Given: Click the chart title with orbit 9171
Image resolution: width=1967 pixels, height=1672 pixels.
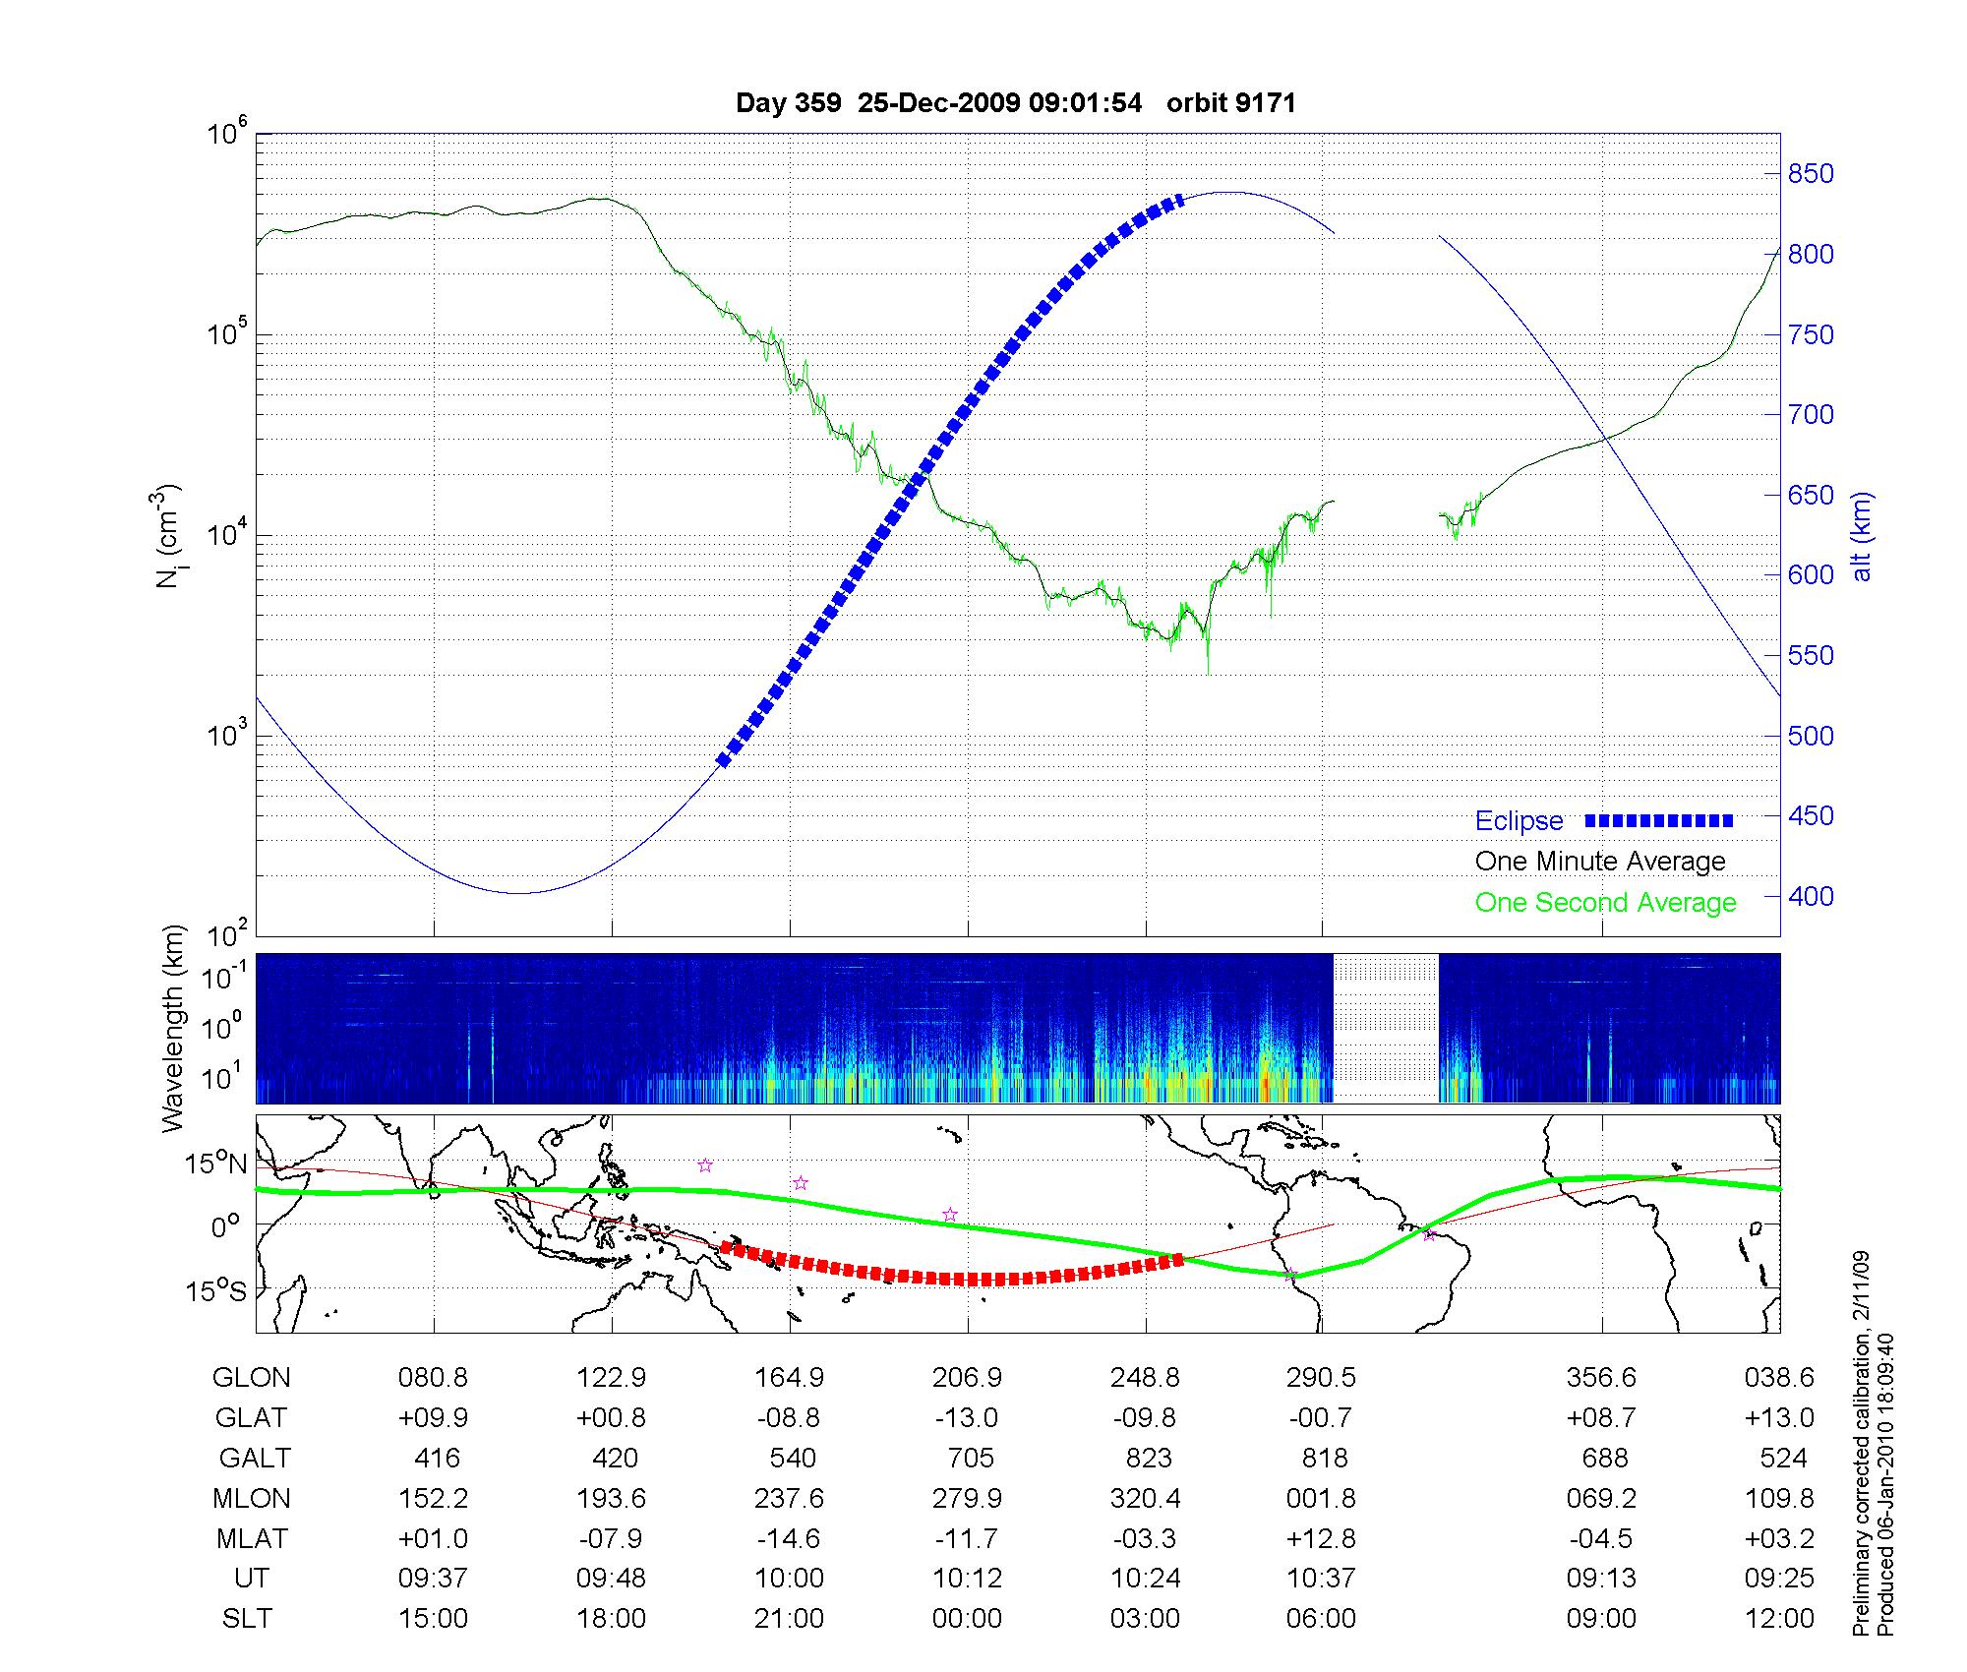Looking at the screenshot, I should [1015, 103].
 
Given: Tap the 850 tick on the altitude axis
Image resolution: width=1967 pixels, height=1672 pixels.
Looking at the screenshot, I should [1811, 174].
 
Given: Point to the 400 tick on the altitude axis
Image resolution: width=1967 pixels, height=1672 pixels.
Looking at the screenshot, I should [1811, 896].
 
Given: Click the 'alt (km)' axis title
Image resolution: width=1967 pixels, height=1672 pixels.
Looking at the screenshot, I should [1862, 536].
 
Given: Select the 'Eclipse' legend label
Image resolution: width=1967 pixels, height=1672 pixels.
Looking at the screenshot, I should [1519, 821].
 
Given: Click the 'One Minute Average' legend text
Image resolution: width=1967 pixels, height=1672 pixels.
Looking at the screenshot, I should [1600, 862].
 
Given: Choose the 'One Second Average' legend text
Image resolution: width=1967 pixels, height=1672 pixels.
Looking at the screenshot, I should [1605, 903].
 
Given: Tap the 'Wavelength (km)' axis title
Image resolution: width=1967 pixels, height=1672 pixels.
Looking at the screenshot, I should [173, 1029].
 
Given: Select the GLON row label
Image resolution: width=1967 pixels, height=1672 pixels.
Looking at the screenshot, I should [251, 1378].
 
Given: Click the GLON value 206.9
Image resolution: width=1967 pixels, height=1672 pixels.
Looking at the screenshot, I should [967, 1378].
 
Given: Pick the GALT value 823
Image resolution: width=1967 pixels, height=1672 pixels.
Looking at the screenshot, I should [1147, 1458].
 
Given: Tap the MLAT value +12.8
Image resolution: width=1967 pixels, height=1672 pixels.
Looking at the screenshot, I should [1321, 1538].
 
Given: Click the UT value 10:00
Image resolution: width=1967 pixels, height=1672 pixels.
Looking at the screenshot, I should [789, 1579].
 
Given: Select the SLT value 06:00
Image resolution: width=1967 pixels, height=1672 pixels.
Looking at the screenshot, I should [1321, 1619].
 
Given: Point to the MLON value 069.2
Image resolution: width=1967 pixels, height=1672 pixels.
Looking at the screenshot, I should [1602, 1498].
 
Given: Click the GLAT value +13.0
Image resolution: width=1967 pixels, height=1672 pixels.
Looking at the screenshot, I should [1779, 1418].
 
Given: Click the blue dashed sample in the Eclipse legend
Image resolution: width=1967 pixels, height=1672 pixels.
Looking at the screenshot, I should [1659, 820].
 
